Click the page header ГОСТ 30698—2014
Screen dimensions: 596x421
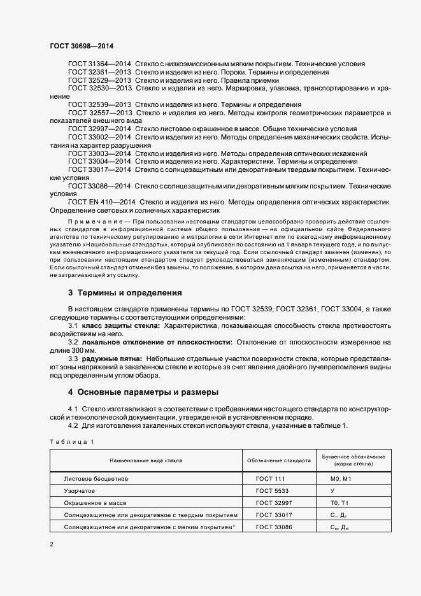click(x=81, y=46)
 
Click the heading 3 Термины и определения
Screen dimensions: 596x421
click(x=125, y=293)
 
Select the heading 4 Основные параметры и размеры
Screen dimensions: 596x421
click(x=143, y=392)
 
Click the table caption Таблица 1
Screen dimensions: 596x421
click(x=72, y=441)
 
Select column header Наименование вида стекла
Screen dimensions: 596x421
click(x=146, y=459)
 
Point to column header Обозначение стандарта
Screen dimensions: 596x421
click(x=278, y=459)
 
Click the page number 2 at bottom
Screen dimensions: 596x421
click(x=52, y=544)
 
